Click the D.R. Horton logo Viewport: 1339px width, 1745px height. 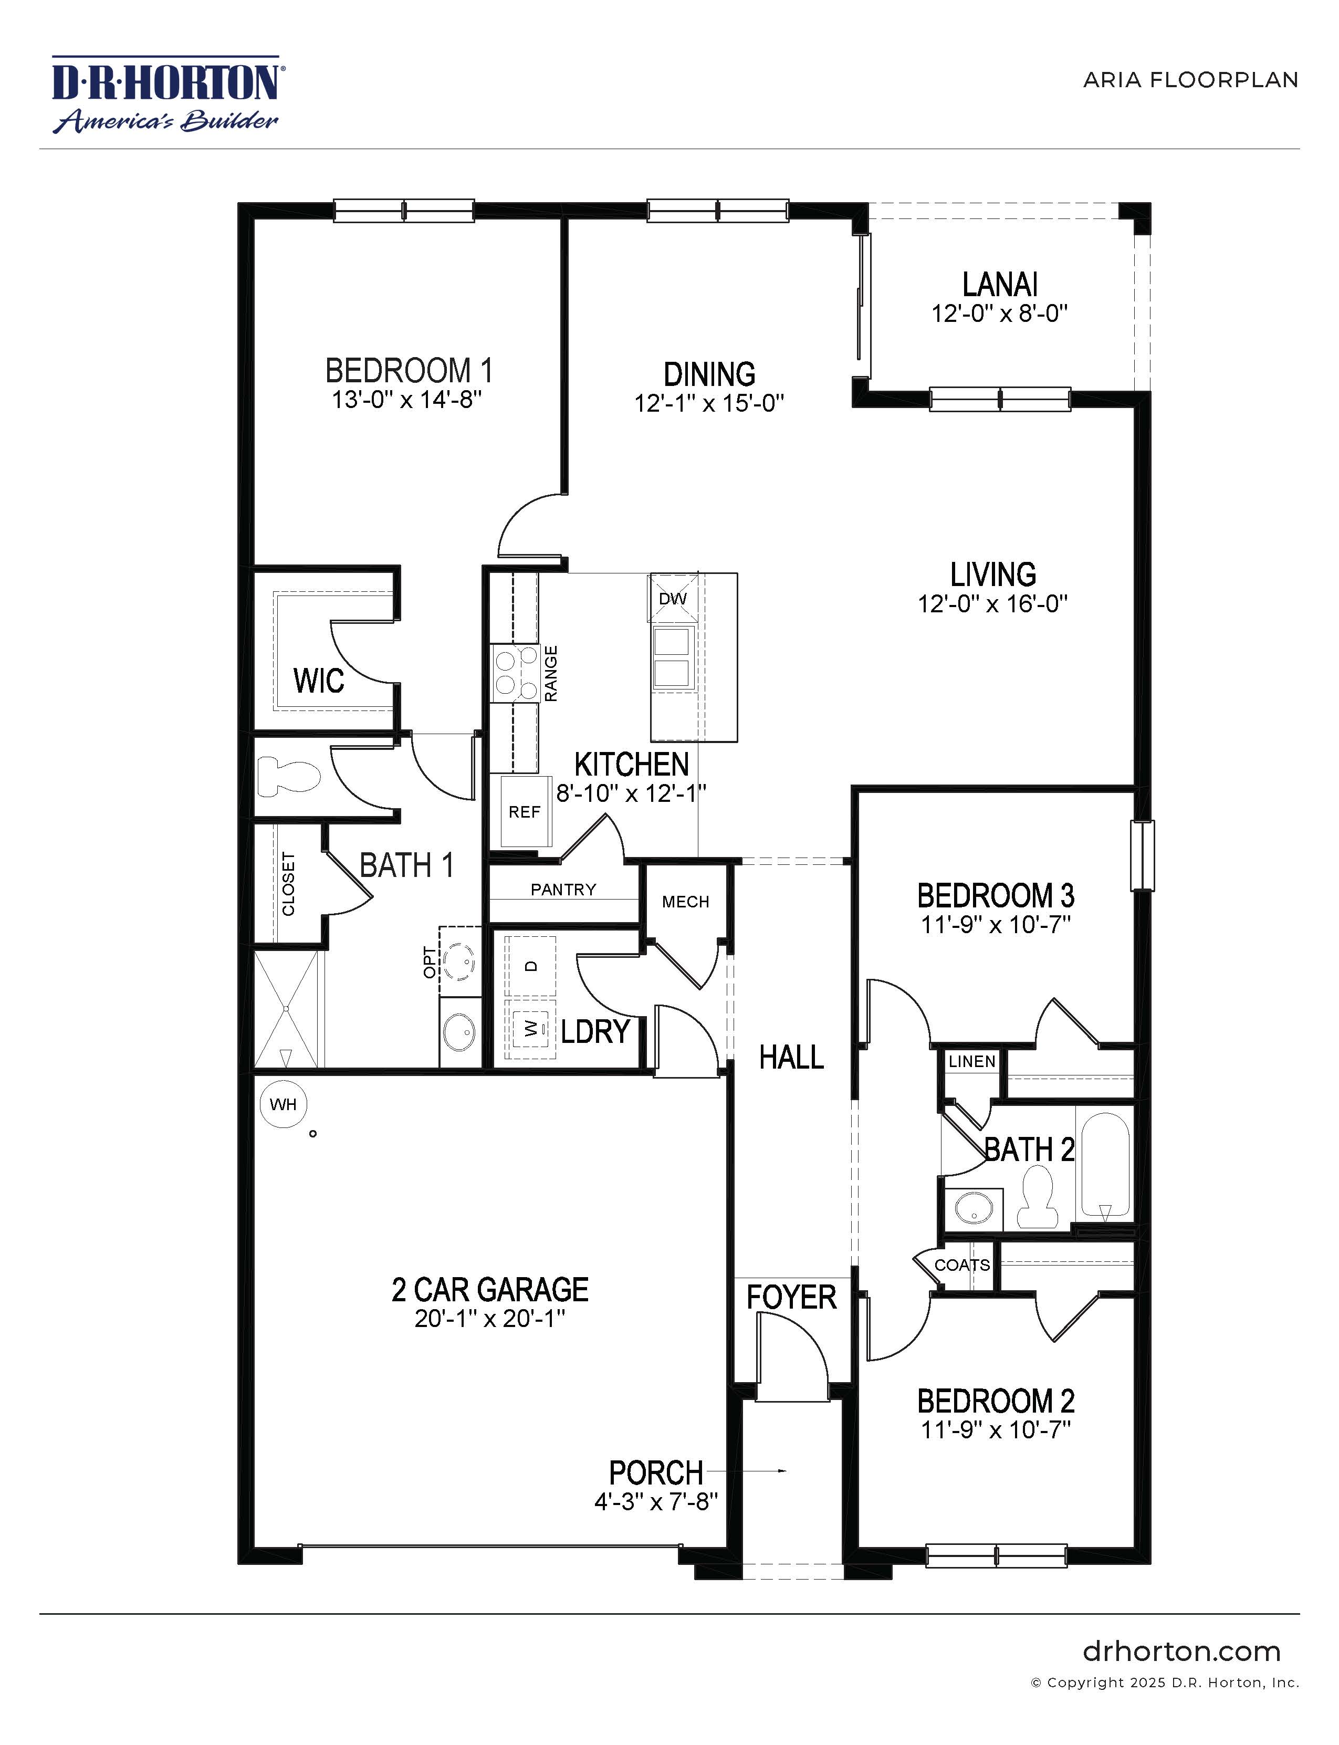click(x=166, y=94)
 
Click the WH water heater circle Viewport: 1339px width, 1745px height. click(x=283, y=1104)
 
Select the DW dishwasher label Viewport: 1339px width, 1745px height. click(x=673, y=599)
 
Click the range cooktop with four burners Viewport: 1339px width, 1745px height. click(x=514, y=674)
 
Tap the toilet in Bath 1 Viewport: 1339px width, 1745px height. click(x=288, y=776)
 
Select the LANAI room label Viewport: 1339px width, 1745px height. click(x=999, y=285)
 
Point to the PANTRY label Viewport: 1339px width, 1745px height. click(x=563, y=890)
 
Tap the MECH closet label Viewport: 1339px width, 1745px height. click(x=685, y=902)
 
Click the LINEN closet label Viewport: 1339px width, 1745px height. click(x=971, y=1062)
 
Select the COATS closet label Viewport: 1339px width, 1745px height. click(x=962, y=1265)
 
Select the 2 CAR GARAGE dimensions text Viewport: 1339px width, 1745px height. click(x=489, y=1319)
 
